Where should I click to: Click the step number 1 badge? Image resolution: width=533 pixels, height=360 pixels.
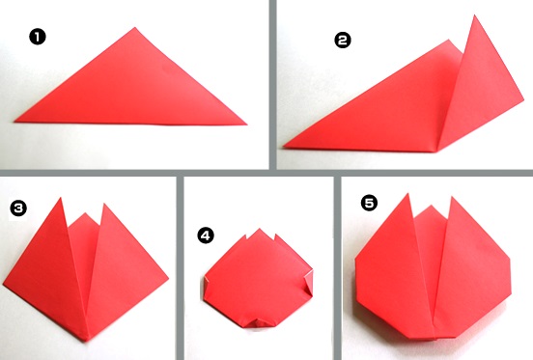tap(38, 37)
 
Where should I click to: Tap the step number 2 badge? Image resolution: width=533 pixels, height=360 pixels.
tap(343, 41)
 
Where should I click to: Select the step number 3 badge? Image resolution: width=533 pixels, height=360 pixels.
tap(18, 208)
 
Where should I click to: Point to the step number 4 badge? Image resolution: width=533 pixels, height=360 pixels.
tap(206, 235)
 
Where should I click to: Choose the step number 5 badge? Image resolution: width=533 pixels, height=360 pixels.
tap(369, 203)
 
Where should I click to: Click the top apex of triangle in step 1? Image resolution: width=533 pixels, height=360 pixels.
tap(135, 28)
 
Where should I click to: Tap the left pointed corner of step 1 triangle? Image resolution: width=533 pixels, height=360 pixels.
tap(14, 122)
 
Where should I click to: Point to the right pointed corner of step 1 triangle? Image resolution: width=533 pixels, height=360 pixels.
tap(247, 125)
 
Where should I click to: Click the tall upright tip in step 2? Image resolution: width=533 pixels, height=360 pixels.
tap(474, 14)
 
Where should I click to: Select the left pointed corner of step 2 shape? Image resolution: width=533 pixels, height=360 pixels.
tap(284, 147)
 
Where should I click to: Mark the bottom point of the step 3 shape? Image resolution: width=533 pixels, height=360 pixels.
tap(87, 341)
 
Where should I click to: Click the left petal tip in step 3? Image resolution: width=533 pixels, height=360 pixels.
tap(61, 198)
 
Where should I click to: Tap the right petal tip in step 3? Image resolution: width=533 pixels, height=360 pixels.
tap(104, 204)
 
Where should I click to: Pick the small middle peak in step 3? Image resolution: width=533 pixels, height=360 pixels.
tap(85, 213)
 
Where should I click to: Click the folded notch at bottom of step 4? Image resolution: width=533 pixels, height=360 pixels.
tap(257, 322)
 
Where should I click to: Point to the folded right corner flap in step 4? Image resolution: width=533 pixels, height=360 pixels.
tap(309, 281)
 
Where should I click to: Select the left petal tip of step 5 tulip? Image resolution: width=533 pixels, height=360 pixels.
tap(408, 194)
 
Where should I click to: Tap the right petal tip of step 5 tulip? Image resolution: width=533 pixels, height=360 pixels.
tap(452, 197)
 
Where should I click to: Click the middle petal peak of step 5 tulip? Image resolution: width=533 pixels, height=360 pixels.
tap(431, 206)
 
